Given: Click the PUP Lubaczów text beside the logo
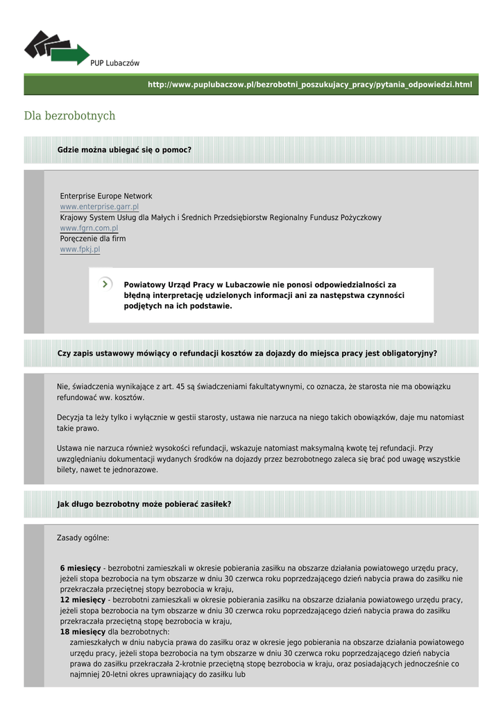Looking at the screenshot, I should (x=114, y=63).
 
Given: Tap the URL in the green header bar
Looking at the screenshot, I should (x=309, y=85).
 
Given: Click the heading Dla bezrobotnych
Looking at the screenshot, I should (x=69, y=116).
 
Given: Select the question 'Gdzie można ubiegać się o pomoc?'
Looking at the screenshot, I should (x=124, y=150).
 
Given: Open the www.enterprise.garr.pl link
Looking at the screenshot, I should (x=99, y=207).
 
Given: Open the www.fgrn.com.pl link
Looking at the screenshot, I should (x=89, y=228).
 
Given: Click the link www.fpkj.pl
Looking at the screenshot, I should (x=80, y=249).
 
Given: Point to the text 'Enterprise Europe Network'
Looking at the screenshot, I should (x=106, y=196).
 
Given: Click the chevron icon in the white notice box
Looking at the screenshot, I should (x=105, y=283).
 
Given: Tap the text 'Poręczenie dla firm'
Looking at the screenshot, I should (x=93, y=238).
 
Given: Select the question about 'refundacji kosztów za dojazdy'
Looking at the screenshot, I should (x=247, y=353).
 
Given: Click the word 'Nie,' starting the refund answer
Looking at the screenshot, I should (x=63, y=387).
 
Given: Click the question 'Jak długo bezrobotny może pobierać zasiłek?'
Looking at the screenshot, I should (x=144, y=504).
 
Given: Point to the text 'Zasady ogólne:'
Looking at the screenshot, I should (x=83, y=538).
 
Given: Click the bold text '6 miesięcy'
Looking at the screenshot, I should (x=80, y=568).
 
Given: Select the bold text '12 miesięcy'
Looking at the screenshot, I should (x=83, y=600).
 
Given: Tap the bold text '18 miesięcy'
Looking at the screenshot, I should (x=83, y=632).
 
